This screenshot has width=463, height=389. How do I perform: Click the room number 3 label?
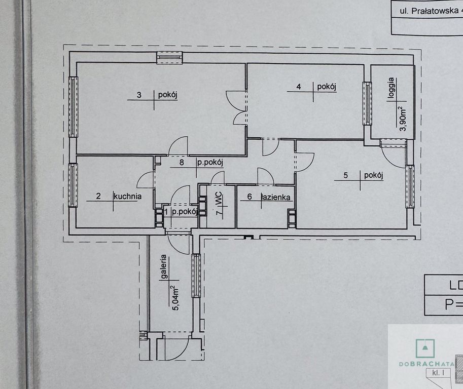coord(139,94)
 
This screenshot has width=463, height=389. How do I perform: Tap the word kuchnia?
coord(127,197)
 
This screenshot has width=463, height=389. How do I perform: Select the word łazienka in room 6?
coord(275,197)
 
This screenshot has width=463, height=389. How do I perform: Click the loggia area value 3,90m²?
coord(403,119)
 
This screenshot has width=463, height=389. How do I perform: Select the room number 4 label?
coord(299,87)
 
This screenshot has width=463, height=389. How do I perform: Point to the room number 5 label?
coord(346,176)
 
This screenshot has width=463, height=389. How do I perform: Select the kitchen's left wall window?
coord(74,185)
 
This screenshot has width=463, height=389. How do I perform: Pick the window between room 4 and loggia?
coord(367,103)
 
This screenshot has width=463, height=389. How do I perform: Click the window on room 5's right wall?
coord(410,186)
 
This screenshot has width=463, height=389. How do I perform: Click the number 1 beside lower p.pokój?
coord(167,212)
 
